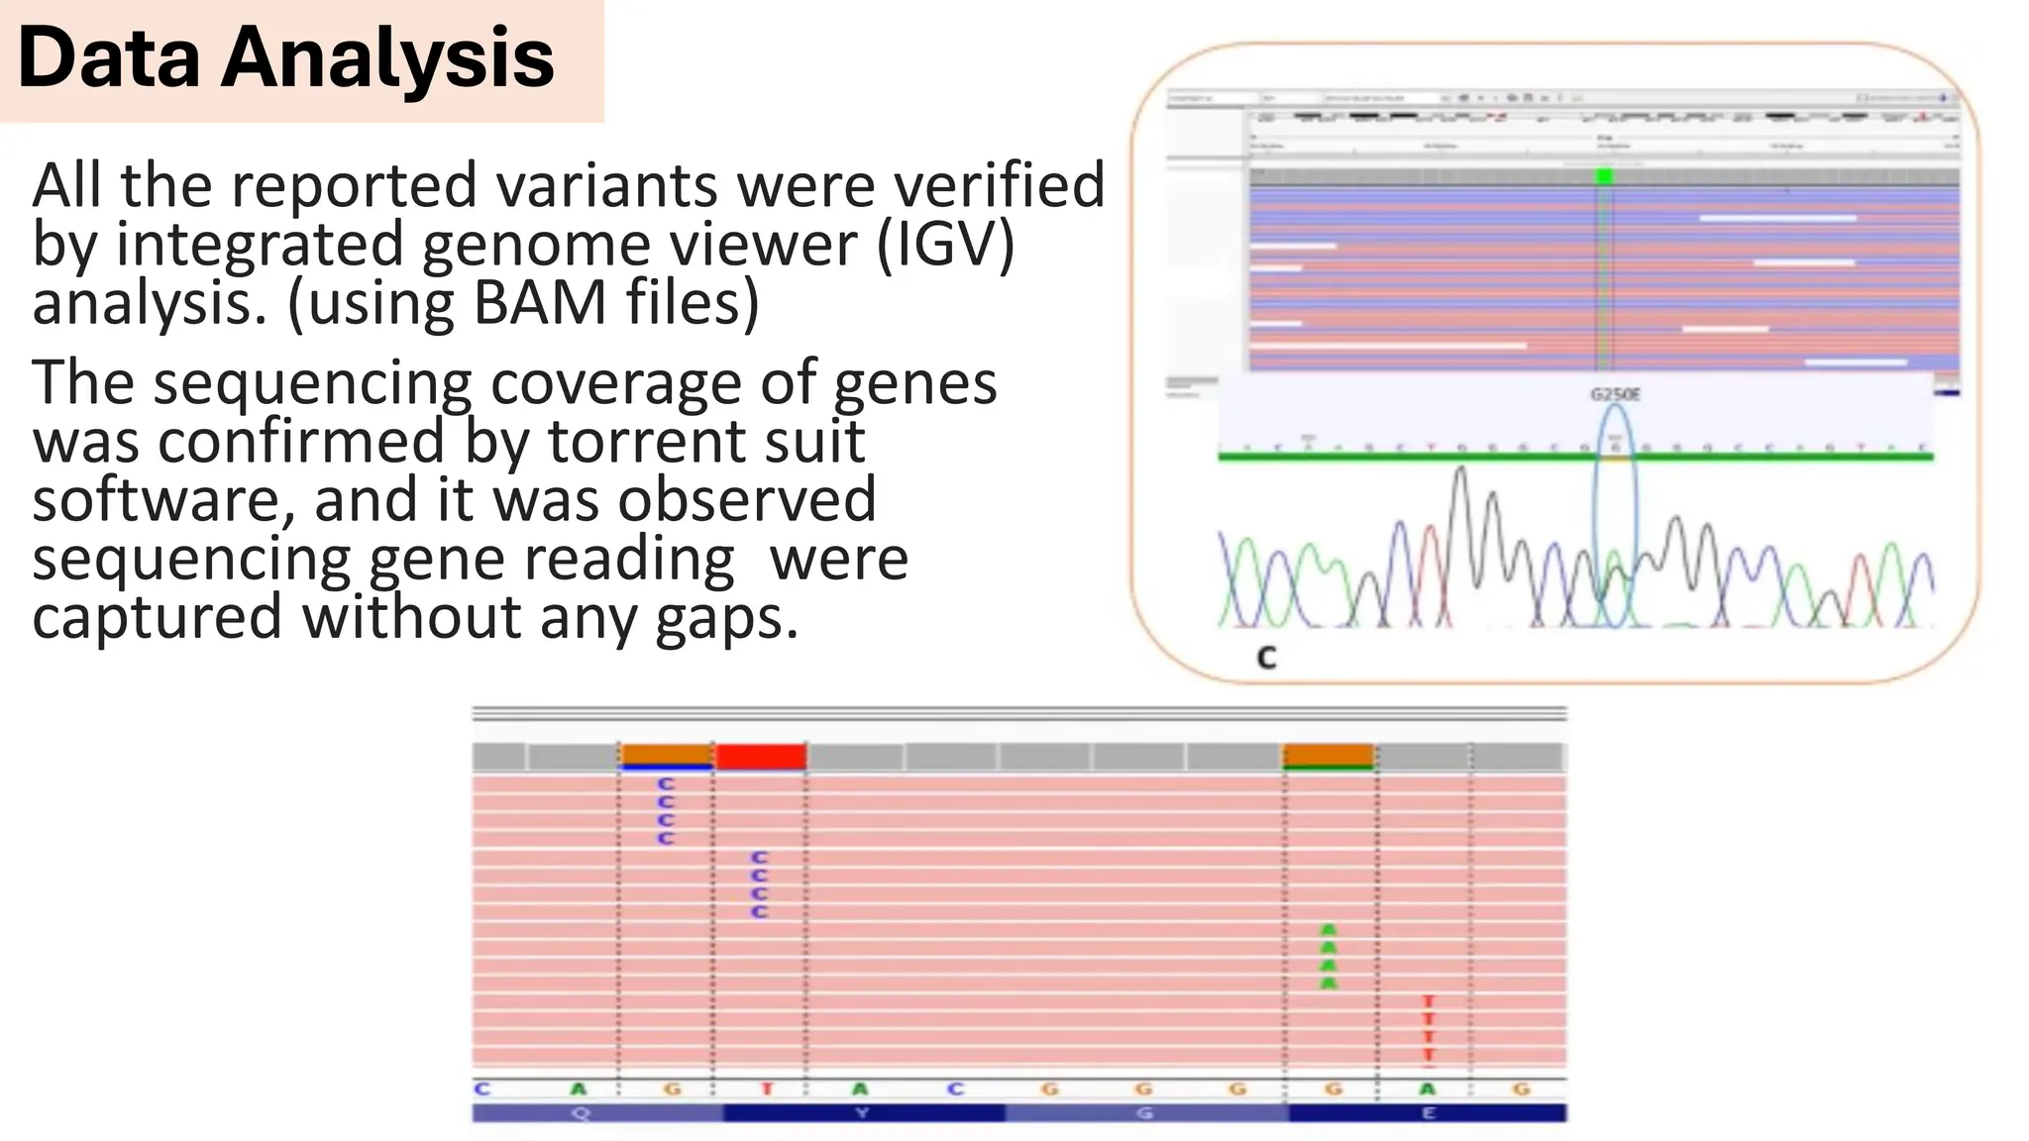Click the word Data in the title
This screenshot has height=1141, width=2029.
[109, 58]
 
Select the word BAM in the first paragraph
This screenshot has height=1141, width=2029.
[540, 302]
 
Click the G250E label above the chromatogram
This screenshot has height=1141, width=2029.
[1615, 394]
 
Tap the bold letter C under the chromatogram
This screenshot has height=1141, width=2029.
[1266, 658]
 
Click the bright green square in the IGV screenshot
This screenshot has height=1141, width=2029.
[1604, 176]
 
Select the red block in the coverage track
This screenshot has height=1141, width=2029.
[760, 758]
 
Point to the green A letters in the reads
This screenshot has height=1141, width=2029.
[1329, 957]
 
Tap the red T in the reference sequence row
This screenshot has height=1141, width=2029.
[766, 1089]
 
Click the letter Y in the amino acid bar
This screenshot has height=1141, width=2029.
[862, 1113]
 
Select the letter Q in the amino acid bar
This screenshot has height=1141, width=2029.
[581, 1113]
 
